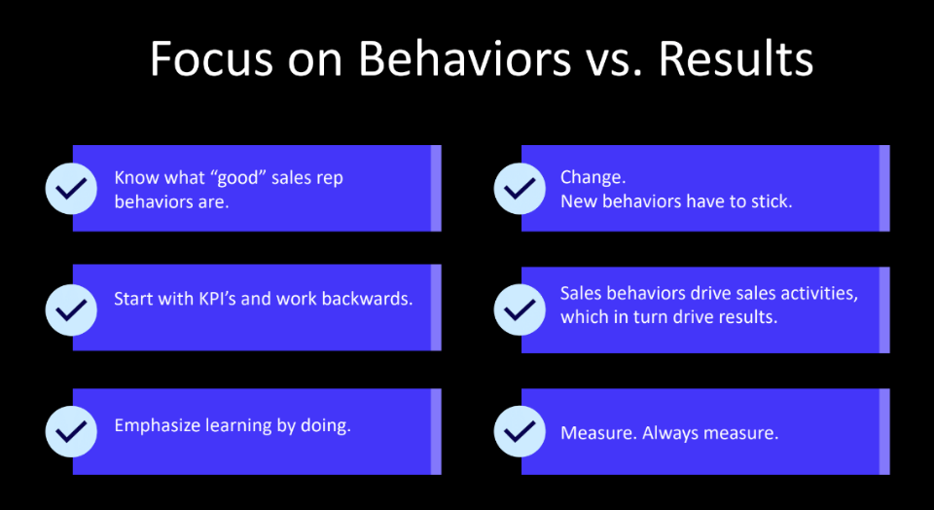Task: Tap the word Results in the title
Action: click(x=736, y=58)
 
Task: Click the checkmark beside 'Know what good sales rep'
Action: click(x=71, y=188)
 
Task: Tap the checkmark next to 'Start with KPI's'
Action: click(x=71, y=310)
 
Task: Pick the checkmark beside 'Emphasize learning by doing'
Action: click(x=71, y=431)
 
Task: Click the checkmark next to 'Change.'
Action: click(x=520, y=188)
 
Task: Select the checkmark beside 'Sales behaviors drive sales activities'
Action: click(x=520, y=310)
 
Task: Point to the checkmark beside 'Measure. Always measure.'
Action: click(x=520, y=431)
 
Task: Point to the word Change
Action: click(x=593, y=177)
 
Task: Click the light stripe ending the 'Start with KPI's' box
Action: click(x=436, y=308)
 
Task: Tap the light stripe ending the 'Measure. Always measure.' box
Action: click(x=884, y=431)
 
